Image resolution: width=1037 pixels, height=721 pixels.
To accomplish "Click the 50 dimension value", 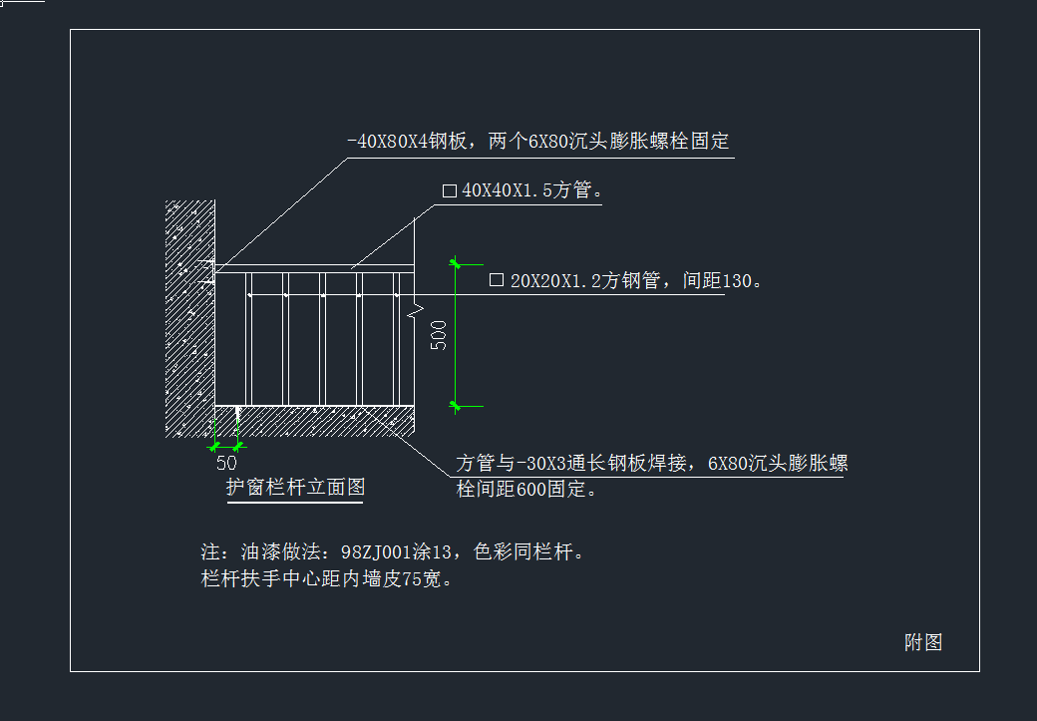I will (x=226, y=463).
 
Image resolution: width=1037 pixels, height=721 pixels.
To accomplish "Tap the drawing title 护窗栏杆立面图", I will (x=295, y=488).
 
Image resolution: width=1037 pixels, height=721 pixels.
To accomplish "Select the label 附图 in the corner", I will (x=923, y=642).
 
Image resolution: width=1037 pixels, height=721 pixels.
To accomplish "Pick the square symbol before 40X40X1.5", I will (x=449, y=190).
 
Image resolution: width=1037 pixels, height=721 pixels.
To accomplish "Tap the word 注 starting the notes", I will (x=209, y=551).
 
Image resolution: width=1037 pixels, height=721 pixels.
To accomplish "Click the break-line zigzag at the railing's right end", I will (x=412, y=315).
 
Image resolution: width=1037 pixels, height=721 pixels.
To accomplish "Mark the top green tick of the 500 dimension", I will (x=455, y=264).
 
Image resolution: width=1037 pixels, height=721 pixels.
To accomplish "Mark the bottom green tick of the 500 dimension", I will (x=455, y=405).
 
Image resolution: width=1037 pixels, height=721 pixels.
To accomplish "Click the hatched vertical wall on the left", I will (x=189, y=319).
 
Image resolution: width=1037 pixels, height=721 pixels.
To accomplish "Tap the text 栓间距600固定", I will (x=526, y=489).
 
